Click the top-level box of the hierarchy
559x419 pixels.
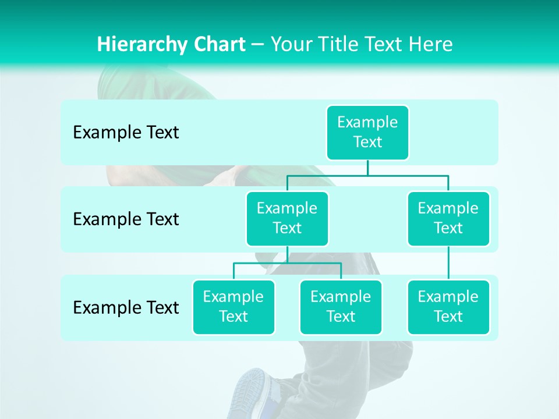[x=367, y=132]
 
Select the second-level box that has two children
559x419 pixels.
[x=287, y=218]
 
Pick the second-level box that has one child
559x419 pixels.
[x=448, y=218]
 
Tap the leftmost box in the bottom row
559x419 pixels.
[x=233, y=307]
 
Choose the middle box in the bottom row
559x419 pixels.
[x=341, y=307]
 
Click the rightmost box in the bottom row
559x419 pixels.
[x=448, y=307]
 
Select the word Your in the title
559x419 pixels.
[x=291, y=44]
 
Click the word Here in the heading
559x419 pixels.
[x=431, y=44]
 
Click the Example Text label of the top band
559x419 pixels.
[x=126, y=133]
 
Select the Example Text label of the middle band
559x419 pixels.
[x=126, y=219]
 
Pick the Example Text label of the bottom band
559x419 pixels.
[x=126, y=307]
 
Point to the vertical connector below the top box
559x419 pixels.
[x=367, y=168]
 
